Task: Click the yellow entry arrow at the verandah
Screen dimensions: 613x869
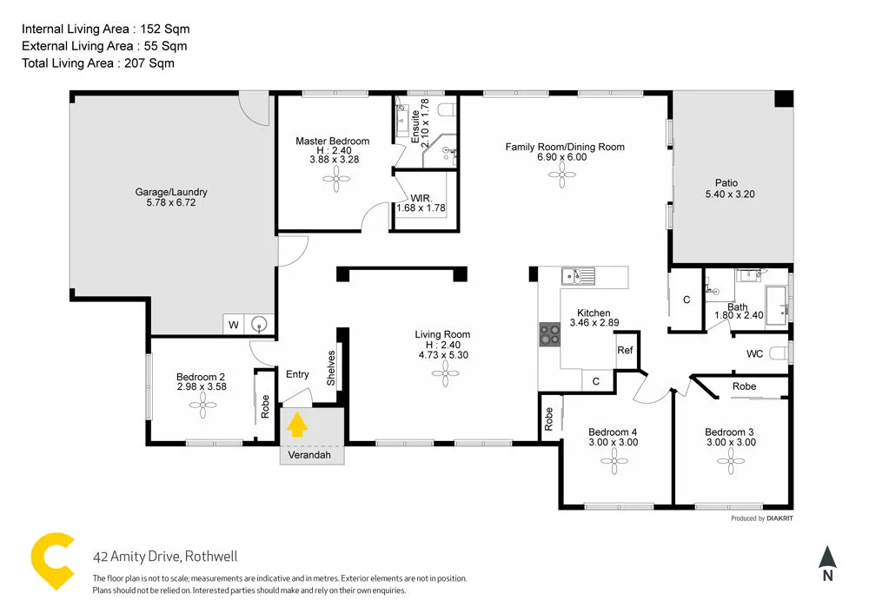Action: [297, 425]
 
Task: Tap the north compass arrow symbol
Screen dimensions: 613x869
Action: [827, 557]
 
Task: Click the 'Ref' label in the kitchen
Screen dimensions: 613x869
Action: [625, 350]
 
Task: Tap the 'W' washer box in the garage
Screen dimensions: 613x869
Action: [233, 325]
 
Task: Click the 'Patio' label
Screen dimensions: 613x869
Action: [726, 182]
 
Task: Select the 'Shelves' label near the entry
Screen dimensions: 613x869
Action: [330, 369]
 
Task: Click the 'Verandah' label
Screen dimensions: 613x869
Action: [311, 454]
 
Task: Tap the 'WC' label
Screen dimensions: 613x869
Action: [754, 353]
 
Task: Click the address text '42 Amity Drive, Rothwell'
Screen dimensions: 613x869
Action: [165, 557]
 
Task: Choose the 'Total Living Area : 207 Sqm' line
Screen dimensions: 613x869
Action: [97, 63]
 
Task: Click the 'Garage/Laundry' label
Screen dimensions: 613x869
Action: [171, 192]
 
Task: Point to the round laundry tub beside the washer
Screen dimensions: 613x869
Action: [259, 325]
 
